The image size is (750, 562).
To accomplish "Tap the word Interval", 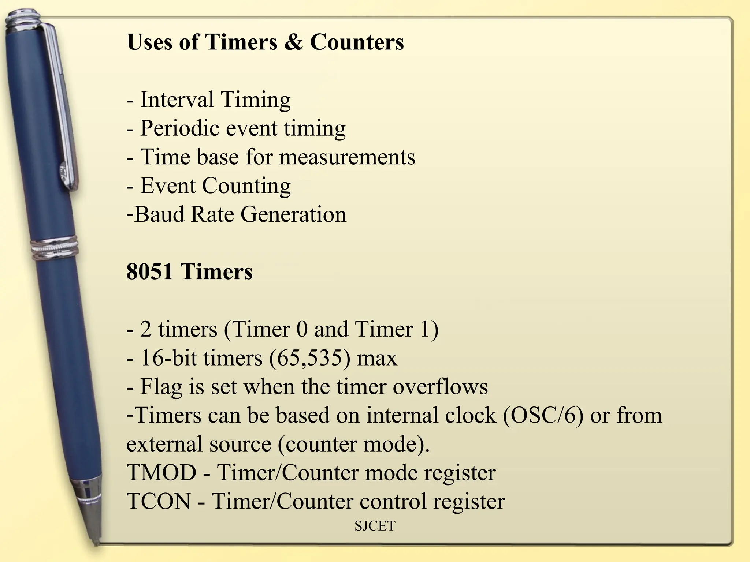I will [x=177, y=100].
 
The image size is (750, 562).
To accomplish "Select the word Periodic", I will [x=180, y=128].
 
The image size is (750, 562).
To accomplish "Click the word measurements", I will [x=347, y=157].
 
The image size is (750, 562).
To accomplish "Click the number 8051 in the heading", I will [x=149, y=272].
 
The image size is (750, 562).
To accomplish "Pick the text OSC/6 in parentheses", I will [x=543, y=416].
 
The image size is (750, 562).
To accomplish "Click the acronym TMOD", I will [x=161, y=473].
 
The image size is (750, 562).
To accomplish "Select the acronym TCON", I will [x=159, y=501].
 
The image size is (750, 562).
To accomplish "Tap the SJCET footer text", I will [x=375, y=526].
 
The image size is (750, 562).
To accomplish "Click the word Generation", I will [x=293, y=214].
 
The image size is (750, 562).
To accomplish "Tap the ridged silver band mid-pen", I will [x=55, y=248].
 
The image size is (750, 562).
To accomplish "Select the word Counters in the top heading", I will [x=357, y=42].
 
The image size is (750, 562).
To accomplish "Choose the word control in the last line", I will [x=393, y=501].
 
